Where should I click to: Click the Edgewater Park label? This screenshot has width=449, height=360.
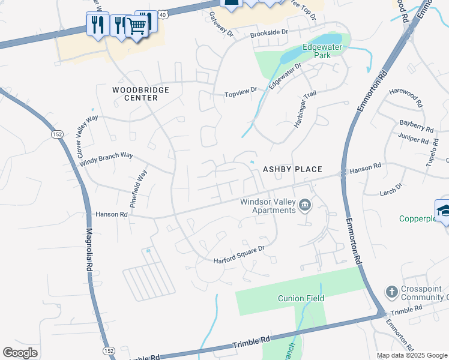tap(316, 50)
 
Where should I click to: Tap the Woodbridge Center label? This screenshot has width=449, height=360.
tap(141, 94)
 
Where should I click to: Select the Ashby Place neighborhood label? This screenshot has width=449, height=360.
tap(293, 170)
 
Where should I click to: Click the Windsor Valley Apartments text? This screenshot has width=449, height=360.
tap(268, 206)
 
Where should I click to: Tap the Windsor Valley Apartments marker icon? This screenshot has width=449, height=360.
tap(305, 206)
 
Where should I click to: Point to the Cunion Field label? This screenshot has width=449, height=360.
tap(301, 298)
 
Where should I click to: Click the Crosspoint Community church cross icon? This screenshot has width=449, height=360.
tap(391, 292)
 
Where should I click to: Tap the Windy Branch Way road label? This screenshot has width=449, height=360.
tap(106, 159)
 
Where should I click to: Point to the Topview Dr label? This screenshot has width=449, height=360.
tap(240, 93)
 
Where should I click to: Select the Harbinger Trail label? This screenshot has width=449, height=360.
tap(305, 109)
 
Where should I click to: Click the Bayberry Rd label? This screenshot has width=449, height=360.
tap(416, 125)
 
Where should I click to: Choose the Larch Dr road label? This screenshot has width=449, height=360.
tap(391, 191)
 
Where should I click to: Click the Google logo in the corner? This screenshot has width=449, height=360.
tap(20, 352)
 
